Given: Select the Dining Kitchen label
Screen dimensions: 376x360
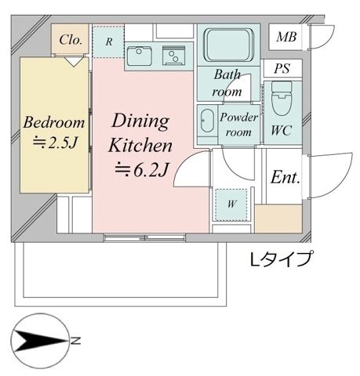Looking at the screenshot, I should [140, 132].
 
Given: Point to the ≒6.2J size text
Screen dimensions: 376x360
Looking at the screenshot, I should [140, 167].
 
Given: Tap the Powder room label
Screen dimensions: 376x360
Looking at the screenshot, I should [238, 125].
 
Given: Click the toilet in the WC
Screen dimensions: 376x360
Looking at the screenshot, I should [280, 99].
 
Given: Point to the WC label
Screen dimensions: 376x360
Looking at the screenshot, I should [280, 131].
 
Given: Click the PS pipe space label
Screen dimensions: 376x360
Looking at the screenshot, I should [282, 69].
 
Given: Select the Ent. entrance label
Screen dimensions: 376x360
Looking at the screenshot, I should [285, 178].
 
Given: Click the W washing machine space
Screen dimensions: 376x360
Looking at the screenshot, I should [233, 204].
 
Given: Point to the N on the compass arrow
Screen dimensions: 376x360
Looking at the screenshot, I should [77, 341].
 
